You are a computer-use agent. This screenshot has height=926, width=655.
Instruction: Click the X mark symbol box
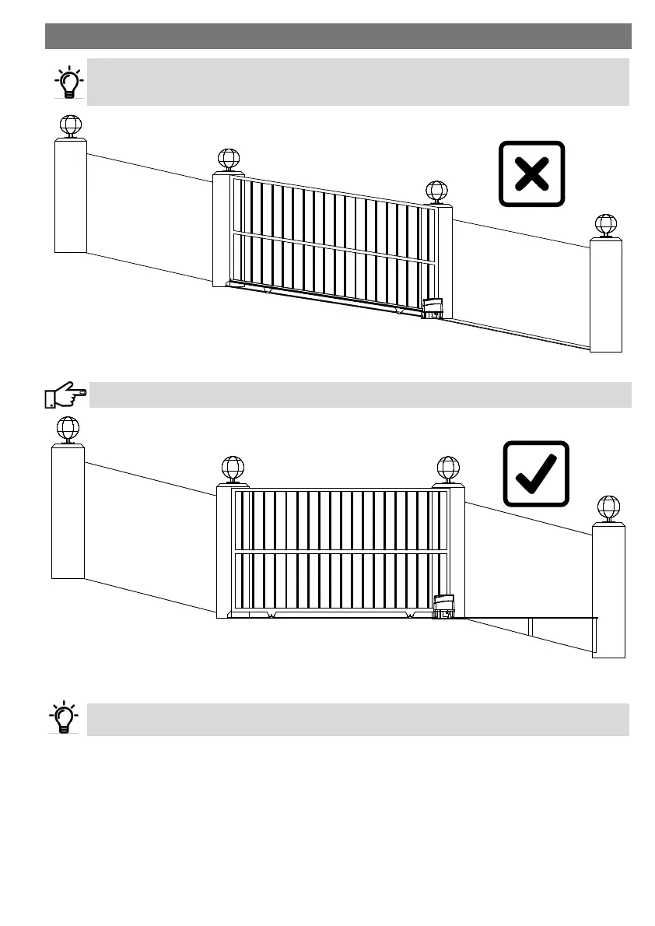531,173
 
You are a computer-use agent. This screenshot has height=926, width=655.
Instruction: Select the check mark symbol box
536,474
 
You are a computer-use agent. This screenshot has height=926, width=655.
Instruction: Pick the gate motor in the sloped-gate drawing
432,309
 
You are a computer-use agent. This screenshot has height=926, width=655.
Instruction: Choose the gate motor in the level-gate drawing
444,607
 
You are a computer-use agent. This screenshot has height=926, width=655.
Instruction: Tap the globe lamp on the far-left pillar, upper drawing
71,125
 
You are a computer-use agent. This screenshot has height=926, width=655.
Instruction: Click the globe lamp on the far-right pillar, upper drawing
606,225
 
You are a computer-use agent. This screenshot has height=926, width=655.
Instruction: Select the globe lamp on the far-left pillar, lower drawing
68,428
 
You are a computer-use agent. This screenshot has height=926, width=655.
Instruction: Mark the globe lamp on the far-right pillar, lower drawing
609,507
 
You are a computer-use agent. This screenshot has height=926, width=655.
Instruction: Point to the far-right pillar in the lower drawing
608,591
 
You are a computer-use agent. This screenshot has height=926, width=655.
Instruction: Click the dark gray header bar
338,36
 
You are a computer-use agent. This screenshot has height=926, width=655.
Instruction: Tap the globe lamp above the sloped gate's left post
228,159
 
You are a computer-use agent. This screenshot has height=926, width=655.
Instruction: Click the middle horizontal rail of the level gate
341,551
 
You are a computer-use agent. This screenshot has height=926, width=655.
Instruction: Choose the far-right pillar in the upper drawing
606,296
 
